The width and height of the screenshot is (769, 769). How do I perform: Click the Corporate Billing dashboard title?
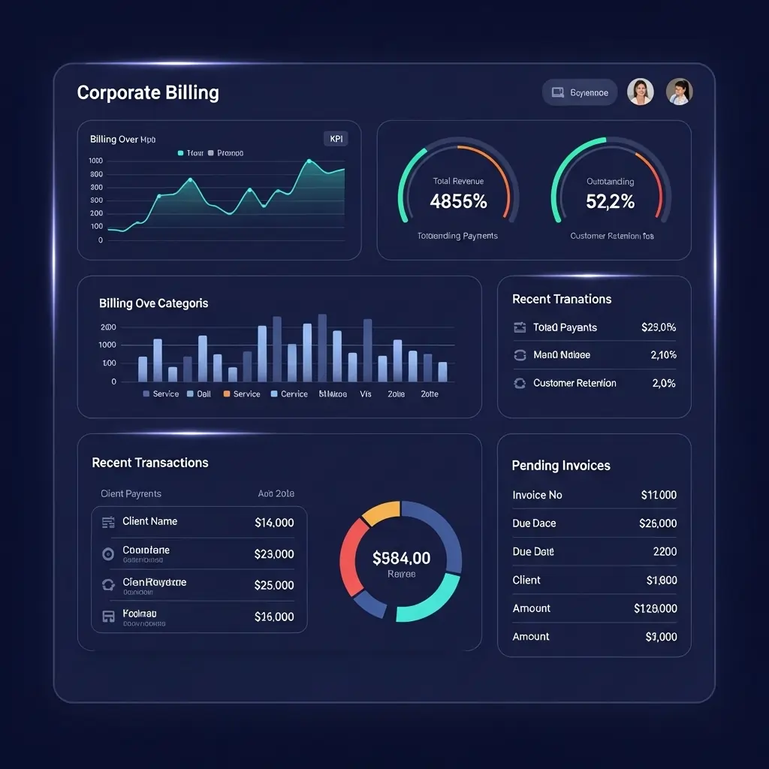pos(148,93)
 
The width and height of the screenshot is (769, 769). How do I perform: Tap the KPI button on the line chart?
pos(335,139)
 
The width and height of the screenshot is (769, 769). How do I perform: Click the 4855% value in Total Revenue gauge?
pos(458,201)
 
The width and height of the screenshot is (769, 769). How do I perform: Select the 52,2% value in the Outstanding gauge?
pos(610,201)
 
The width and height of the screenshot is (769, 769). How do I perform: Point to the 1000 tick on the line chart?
pos(96,161)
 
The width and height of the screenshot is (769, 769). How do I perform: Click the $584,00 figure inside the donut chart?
pos(401,558)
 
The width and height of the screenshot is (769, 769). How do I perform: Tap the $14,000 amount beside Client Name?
pos(274,523)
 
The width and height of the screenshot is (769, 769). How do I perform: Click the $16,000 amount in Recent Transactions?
pos(274,617)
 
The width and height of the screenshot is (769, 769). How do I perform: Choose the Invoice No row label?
pos(537,495)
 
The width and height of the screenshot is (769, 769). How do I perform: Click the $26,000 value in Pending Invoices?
pos(657,523)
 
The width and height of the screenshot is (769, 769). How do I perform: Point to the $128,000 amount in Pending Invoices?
pos(655,608)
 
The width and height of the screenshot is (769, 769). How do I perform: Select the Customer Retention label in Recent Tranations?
pos(574,383)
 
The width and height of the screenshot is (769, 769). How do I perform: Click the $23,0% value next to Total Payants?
pos(659,327)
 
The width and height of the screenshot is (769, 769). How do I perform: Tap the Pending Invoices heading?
pos(561,466)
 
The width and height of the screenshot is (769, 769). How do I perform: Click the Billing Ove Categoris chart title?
pos(153,303)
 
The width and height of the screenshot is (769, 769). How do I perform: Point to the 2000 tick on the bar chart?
pos(108,327)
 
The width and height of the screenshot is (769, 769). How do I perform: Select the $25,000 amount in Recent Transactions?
pos(274,585)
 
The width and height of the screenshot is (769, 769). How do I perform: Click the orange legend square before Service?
pos(227,394)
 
